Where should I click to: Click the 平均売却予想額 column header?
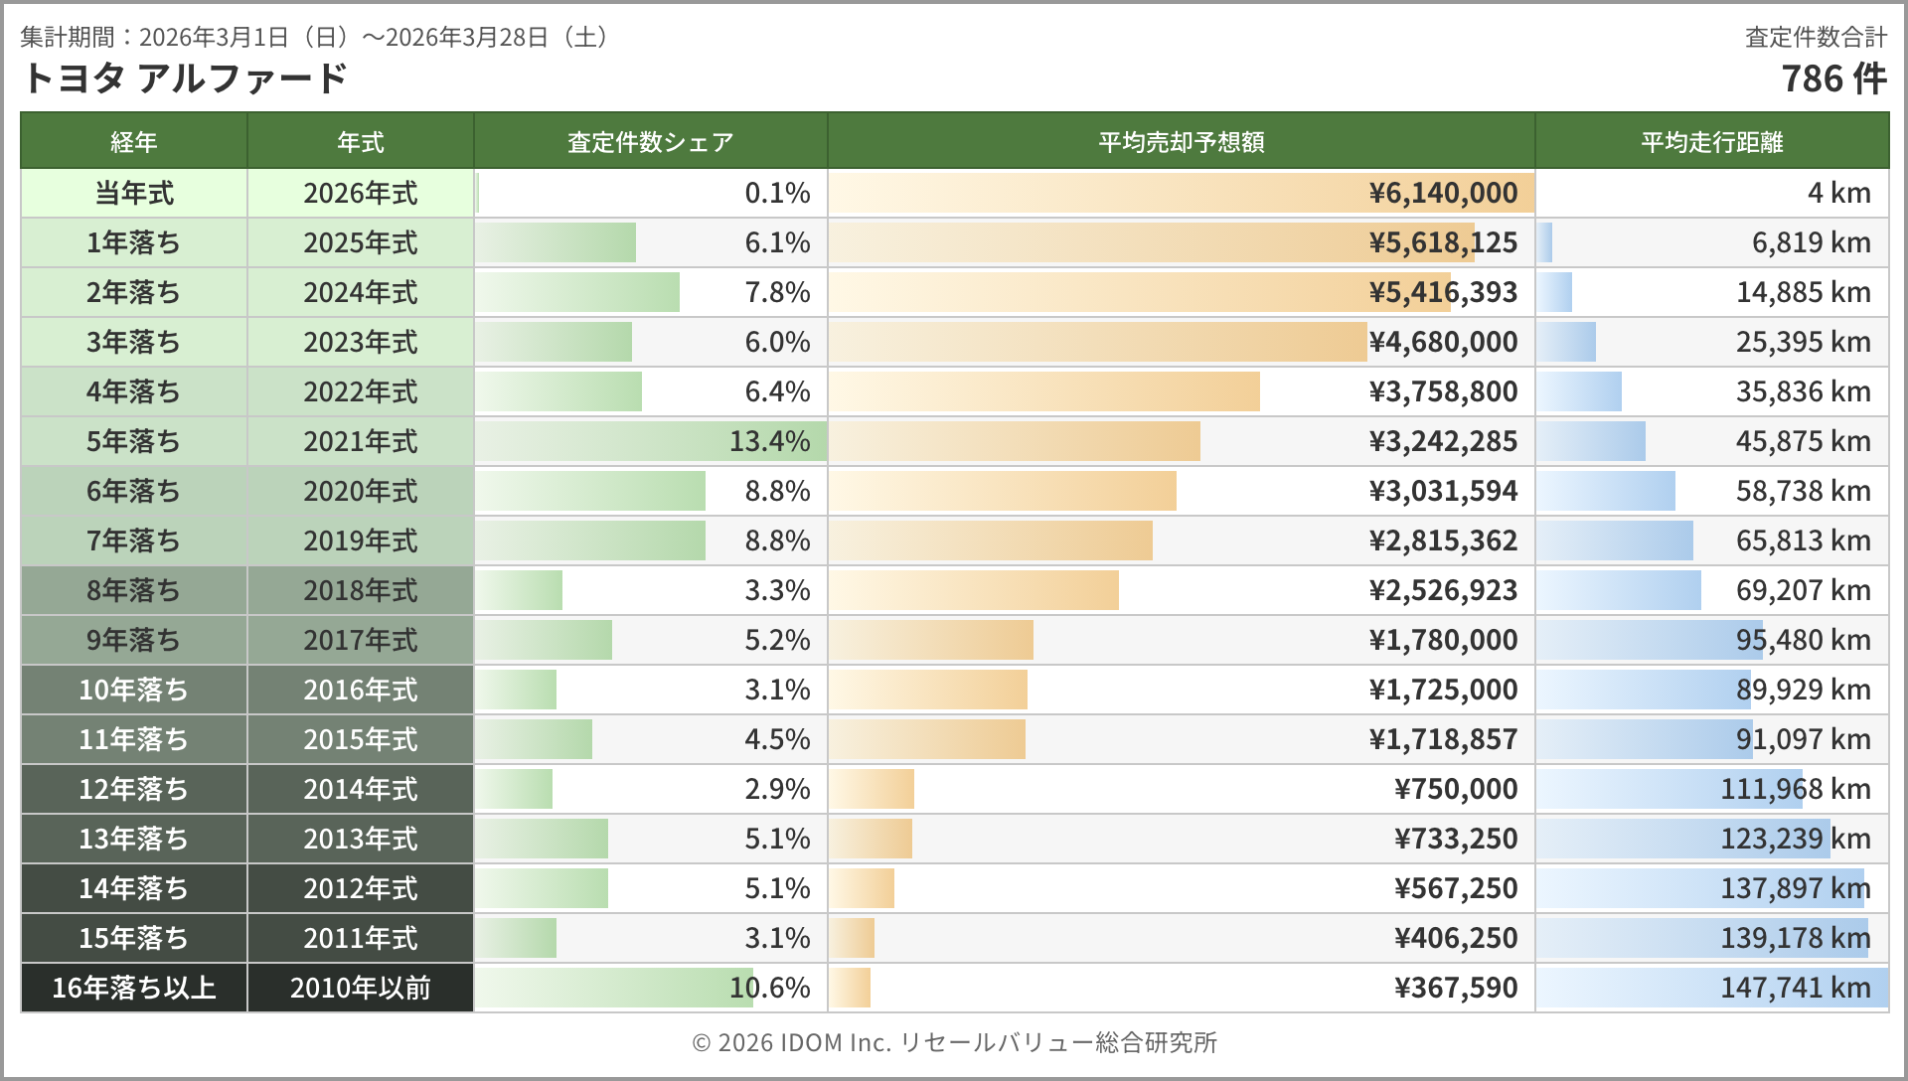[x=1181, y=142]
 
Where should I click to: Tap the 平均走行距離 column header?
[x=1711, y=142]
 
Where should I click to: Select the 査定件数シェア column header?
[x=650, y=142]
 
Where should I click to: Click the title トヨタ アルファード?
[x=185, y=77]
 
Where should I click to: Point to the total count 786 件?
[x=1833, y=78]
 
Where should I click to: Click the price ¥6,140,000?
[x=1443, y=193]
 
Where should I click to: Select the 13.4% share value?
[x=769, y=441]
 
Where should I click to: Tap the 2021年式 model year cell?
[x=360, y=441]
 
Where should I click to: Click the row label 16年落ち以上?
[x=133, y=988]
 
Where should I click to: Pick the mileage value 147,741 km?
[x=1795, y=988]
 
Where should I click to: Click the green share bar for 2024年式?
[x=577, y=292]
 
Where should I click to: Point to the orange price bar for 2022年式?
[x=1044, y=391]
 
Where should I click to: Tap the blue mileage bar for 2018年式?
[x=1619, y=590]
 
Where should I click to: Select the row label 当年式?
[x=133, y=193]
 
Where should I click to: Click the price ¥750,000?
[x=1456, y=789]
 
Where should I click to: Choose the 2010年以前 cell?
[x=360, y=988]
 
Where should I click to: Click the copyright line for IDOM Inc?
[x=954, y=1042]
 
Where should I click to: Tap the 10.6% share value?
[x=769, y=988]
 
